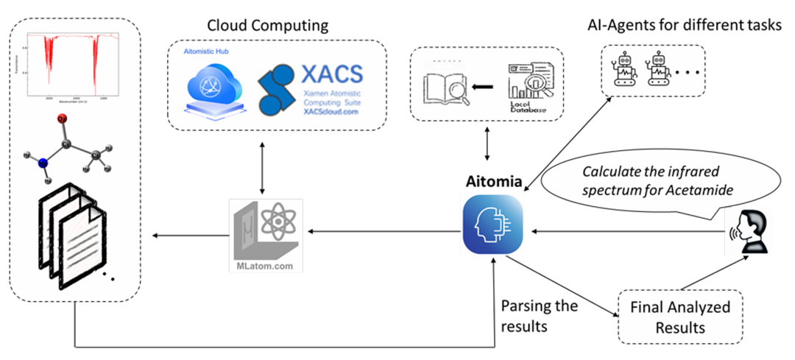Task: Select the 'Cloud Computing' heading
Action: tap(268, 26)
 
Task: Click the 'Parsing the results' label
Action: tap(539, 315)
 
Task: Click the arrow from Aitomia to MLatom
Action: tap(382, 233)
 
